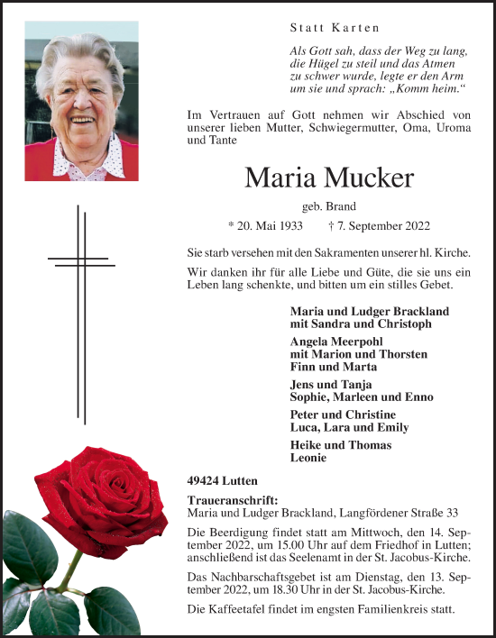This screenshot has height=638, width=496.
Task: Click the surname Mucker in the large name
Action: click(x=367, y=178)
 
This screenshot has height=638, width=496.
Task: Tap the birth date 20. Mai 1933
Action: click(x=265, y=226)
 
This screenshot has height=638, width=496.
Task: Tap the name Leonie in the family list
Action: click(x=308, y=458)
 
